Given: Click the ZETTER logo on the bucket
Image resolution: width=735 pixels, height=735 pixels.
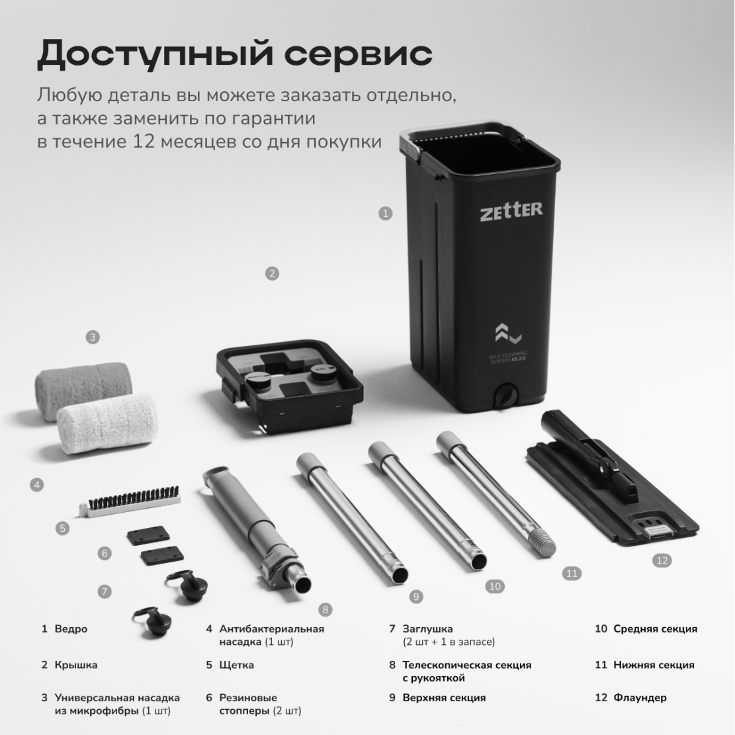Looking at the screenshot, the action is click(x=511, y=211).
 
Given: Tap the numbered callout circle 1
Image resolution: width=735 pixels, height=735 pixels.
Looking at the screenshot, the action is click(x=385, y=214).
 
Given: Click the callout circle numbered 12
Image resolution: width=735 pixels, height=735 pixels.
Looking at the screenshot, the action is click(x=662, y=560).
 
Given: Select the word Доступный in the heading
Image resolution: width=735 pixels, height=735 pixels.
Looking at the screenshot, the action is click(x=155, y=54).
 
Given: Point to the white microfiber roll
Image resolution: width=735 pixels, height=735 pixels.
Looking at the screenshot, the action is click(x=107, y=423).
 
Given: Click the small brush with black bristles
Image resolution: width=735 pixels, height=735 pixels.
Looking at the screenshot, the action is click(x=130, y=501).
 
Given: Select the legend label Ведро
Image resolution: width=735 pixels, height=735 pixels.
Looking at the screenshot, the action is click(x=71, y=628).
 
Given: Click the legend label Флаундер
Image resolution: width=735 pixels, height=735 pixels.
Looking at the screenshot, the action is click(x=640, y=697).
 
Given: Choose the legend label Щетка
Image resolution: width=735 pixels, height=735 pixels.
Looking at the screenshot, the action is click(x=237, y=665).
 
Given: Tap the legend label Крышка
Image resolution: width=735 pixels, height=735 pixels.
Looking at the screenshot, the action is click(x=76, y=665).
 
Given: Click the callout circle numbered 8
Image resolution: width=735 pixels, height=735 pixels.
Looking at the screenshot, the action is click(x=325, y=609).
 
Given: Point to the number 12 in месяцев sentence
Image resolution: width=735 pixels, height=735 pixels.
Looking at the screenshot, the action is click(x=144, y=141).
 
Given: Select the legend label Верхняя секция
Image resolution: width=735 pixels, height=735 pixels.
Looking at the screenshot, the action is click(x=444, y=697).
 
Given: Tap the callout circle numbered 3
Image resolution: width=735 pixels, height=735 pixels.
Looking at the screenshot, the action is click(x=93, y=337).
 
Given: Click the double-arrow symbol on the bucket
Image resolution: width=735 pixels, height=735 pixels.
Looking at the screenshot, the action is click(x=508, y=333).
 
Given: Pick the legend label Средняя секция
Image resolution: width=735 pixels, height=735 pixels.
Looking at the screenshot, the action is click(x=656, y=628).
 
